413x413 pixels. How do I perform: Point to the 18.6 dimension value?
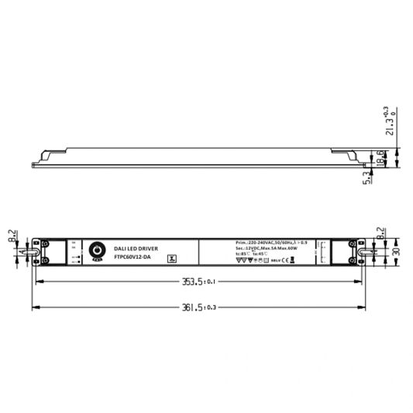click(380, 157)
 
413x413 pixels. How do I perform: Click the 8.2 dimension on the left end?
click(12, 236)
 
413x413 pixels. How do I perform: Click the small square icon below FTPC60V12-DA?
click(172, 260)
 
